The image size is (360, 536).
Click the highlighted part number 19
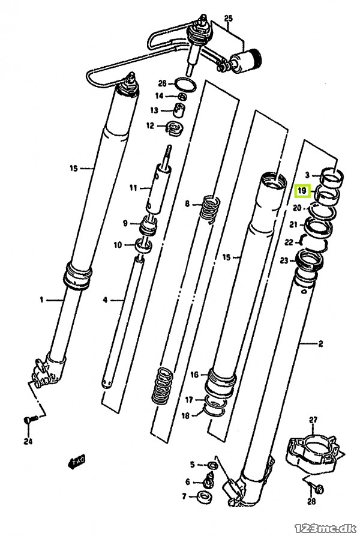click(x=302, y=191)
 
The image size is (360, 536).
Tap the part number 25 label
click(x=228, y=18)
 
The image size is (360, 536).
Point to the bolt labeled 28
click(x=317, y=489)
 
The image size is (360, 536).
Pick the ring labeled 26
click(x=185, y=85)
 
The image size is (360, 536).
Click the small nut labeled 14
click(x=182, y=97)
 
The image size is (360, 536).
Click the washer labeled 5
click(x=212, y=465)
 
